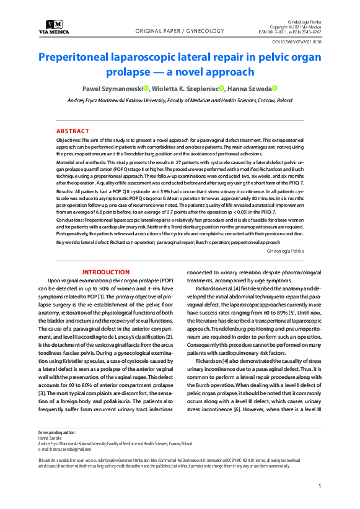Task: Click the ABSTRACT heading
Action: [72, 131]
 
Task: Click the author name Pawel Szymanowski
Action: [113, 89]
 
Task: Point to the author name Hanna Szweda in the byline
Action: [250, 89]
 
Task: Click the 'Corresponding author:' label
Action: [57, 432]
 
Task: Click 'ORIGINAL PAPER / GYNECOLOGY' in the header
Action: [179, 31]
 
